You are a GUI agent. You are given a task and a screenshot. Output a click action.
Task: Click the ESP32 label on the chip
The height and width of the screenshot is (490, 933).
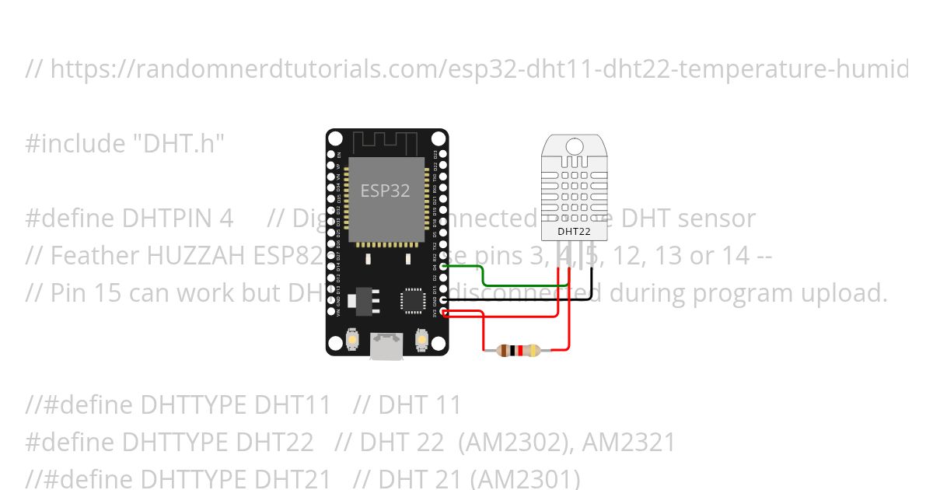click(385, 191)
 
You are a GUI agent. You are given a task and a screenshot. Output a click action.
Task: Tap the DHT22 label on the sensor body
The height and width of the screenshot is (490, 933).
click(574, 231)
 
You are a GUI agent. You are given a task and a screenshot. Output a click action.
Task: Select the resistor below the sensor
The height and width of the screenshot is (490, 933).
click(519, 351)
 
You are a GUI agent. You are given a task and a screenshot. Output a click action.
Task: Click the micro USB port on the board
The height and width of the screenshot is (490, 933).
click(386, 346)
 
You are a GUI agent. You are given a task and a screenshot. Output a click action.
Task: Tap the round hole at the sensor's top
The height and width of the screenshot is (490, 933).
click(575, 146)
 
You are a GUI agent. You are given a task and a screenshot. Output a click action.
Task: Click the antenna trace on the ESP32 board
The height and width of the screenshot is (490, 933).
click(386, 143)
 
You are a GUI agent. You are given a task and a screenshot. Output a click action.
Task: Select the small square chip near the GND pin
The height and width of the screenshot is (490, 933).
click(411, 300)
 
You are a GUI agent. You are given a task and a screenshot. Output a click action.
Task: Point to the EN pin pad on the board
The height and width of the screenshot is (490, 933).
click(331, 154)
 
